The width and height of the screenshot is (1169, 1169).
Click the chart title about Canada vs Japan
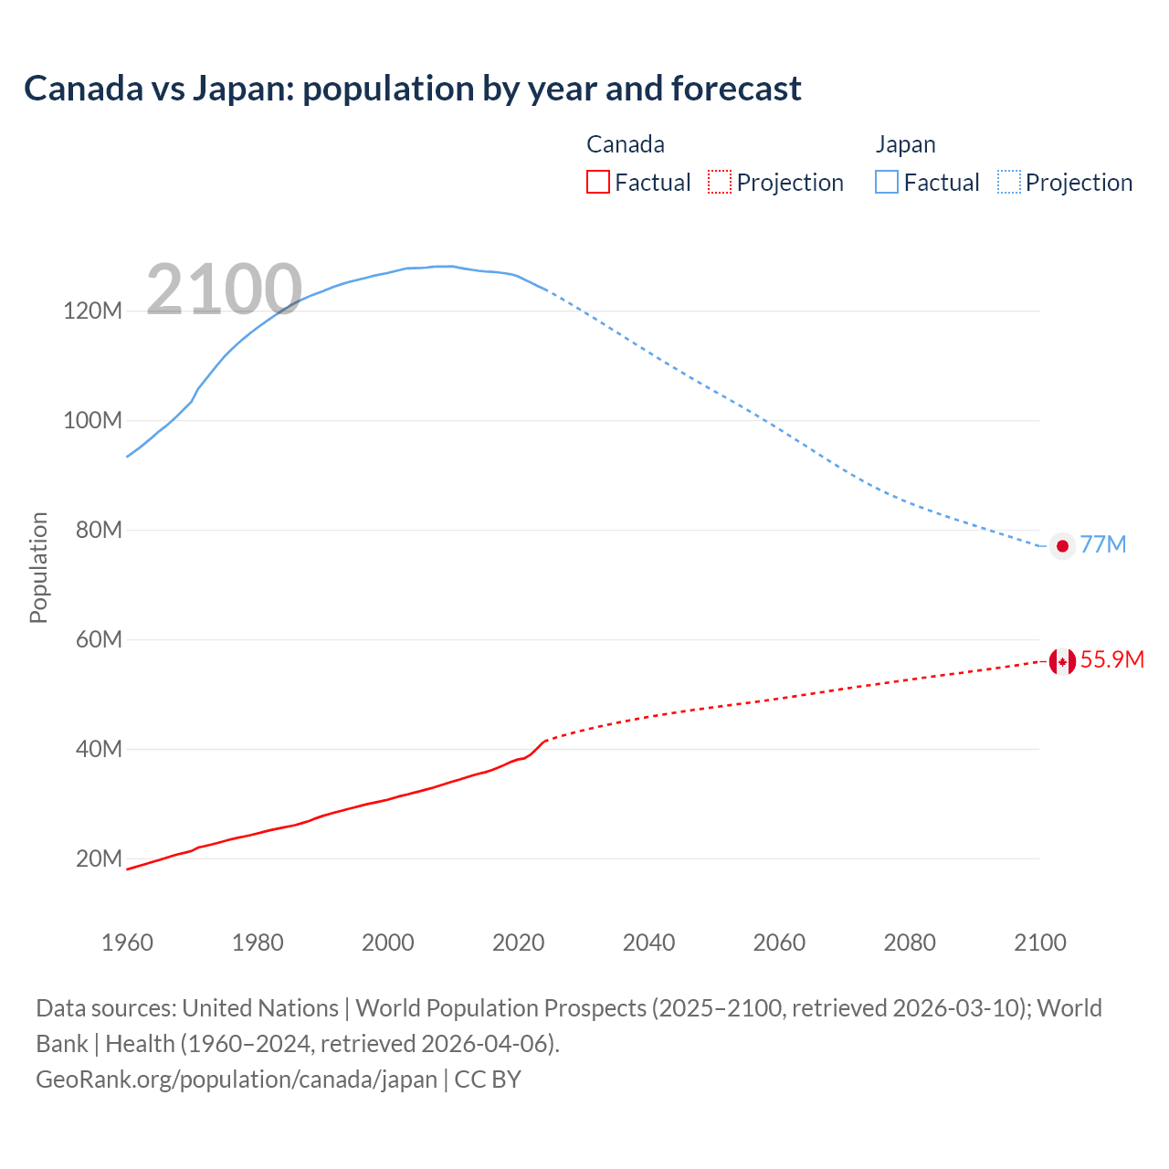click(412, 89)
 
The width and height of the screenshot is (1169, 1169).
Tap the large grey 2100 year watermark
click(224, 290)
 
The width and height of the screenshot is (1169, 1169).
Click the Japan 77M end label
click(1103, 544)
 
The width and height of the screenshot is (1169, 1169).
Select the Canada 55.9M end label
click(1111, 659)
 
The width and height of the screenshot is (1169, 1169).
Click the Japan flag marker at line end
click(1062, 546)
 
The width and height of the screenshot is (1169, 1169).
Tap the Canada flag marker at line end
click(1062, 661)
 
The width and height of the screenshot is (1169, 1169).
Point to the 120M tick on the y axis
click(92, 311)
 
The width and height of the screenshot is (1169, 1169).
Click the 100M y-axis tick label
click(92, 420)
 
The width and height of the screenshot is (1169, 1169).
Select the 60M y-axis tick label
click(98, 639)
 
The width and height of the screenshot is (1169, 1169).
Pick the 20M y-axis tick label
click(98, 858)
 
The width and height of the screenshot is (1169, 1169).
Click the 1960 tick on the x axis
click(127, 943)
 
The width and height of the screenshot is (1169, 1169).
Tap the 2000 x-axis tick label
click(388, 943)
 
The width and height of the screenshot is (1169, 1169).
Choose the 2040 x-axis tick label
click(648, 943)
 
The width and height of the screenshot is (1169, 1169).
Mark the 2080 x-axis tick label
click(910, 943)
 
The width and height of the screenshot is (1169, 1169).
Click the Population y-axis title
click(38, 567)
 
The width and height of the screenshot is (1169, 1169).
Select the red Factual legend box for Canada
click(598, 183)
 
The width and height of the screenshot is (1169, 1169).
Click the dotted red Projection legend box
click(720, 183)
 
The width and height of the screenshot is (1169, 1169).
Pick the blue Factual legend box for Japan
click(887, 183)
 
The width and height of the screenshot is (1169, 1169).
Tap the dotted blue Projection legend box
click(1009, 183)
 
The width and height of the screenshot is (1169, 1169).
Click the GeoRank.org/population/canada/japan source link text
click(237, 1079)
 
